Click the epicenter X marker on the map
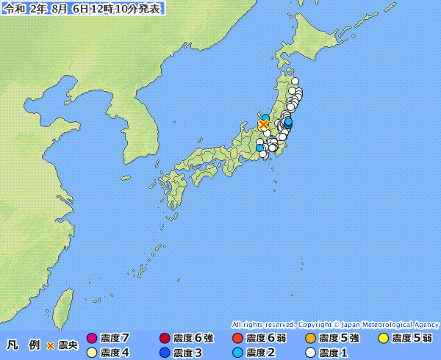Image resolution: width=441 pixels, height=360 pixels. tap(263, 125)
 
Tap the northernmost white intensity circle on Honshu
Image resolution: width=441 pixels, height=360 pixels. tap(295, 82)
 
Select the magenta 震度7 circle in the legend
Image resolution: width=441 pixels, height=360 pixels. tap(92, 338)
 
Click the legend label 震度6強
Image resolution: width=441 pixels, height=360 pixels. tap(193, 338)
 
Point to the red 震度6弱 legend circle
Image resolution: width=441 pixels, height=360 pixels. tap(237, 338)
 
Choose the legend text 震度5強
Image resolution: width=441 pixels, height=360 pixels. tap(339, 338)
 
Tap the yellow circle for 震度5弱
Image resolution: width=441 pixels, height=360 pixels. tap(383, 338)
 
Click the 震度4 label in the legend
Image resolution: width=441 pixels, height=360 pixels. tap(115, 353)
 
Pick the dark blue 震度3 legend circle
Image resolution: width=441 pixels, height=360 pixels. tap(165, 353)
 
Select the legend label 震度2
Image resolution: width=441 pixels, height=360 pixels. tap(260, 353)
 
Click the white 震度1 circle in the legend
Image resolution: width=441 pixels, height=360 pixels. tap(309, 353)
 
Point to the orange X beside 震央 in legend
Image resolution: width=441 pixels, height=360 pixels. tap(51, 345)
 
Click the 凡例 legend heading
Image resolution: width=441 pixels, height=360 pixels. tap(23, 345)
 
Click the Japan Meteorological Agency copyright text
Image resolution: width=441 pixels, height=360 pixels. tap(335, 324)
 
